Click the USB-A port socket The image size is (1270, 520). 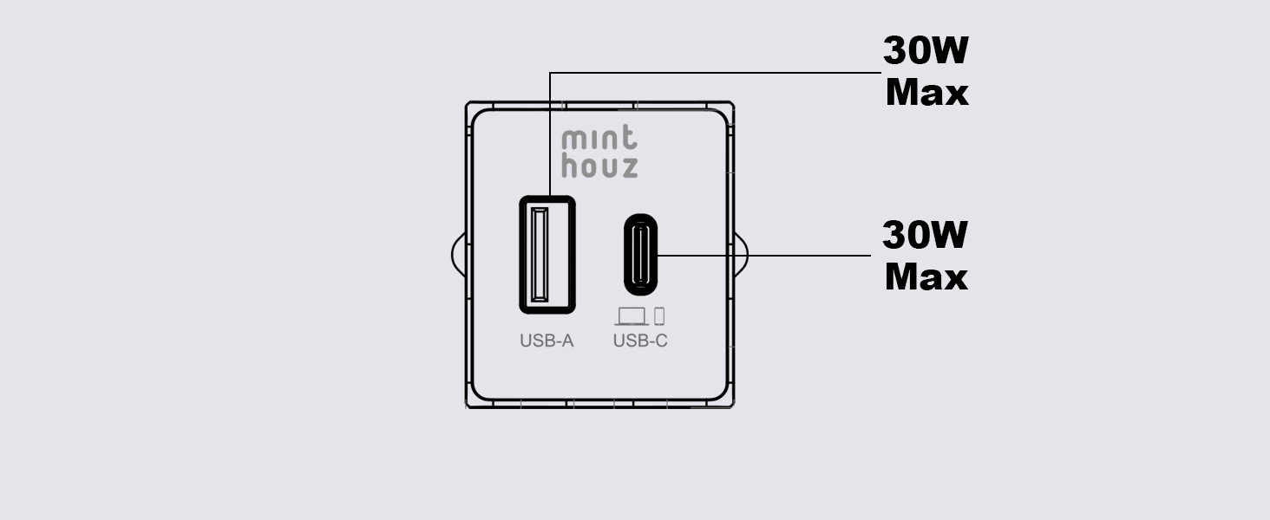(x=547, y=254)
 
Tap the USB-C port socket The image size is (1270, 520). (x=641, y=254)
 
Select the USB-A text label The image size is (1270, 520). (x=547, y=341)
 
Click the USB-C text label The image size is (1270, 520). (x=640, y=341)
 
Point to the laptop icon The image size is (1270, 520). (x=632, y=316)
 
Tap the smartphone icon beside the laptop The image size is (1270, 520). (x=659, y=316)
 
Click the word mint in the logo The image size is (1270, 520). (x=599, y=138)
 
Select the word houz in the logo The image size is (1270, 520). (x=599, y=165)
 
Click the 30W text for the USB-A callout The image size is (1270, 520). (x=926, y=50)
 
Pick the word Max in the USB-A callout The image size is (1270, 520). (x=927, y=93)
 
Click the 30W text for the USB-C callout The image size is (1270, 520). (x=926, y=235)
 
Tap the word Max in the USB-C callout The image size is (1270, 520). (x=926, y=277)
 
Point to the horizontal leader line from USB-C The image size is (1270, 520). (x=764, y=256)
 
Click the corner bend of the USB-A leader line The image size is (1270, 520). (x=550, y=73)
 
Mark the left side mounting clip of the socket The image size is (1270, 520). (x=459, y=255)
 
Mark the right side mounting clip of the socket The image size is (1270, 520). (x=741, y=255)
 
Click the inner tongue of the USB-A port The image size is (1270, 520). (x=540, y=254)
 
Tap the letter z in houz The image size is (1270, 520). (x=628, y=167)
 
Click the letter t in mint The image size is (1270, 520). (x=629, y=138)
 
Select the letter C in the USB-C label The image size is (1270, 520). (x=661, y=341)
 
